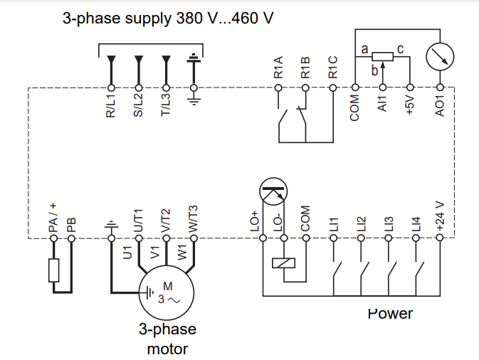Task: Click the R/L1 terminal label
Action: click(x=111, y=105)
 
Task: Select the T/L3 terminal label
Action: click(x=166, y=105)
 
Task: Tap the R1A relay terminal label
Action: click(x=278, y=68)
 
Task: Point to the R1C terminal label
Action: click(x=332, y=68)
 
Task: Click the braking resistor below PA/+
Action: click(x=53, y=270)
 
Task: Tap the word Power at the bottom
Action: click(x=390, y=313)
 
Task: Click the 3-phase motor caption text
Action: click(x=167, y=339)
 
